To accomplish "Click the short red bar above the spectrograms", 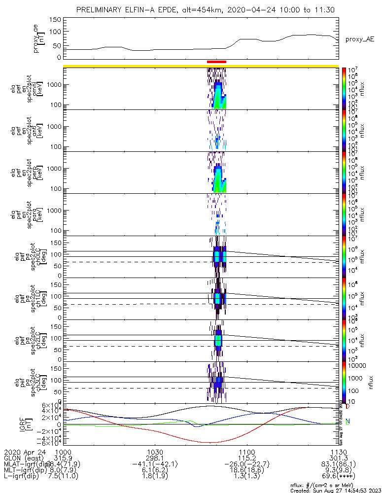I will [x=216, y=62].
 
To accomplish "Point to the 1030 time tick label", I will [x=155, y=452].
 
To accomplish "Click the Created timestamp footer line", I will [x=335, y=490].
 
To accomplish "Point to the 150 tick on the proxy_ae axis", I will [x=55, y=20].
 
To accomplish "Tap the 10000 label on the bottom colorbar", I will [x=359, y=365].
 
